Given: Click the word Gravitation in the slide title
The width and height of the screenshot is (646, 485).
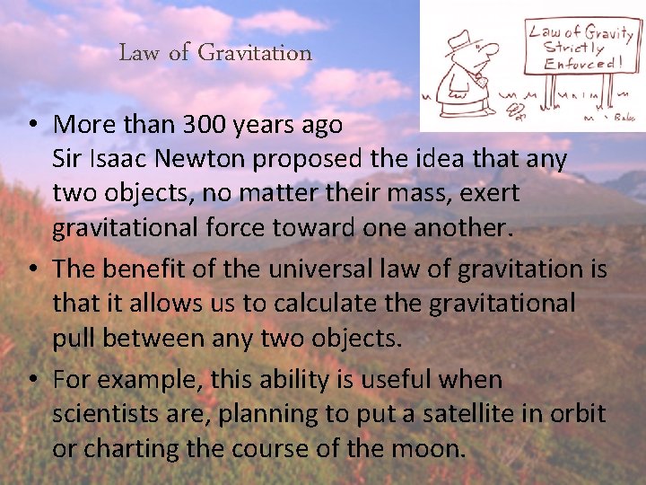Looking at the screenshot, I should click(x=255, y=53).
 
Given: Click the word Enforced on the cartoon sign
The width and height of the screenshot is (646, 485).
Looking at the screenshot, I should click(x=580, y=63).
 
